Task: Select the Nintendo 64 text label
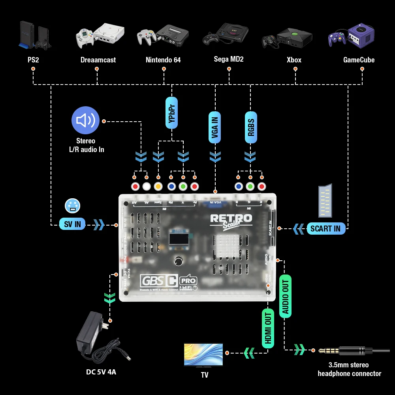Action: pos(163,60)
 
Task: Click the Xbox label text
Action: pos(294,60)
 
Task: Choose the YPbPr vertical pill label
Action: pos(172,113)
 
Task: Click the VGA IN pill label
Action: pos(215,127)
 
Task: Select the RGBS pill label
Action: pos(250,126)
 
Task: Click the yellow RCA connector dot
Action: pos(158,186)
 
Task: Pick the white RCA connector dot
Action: pos(147,186)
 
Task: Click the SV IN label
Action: pos(72,224)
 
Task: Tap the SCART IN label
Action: pos(325,228)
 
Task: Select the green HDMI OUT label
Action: pos(268,327)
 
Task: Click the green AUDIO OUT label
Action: pos(286,296)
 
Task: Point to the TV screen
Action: pos(203,354)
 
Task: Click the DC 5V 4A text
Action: pos(101,372)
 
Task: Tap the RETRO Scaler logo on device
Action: pos(231,220)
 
